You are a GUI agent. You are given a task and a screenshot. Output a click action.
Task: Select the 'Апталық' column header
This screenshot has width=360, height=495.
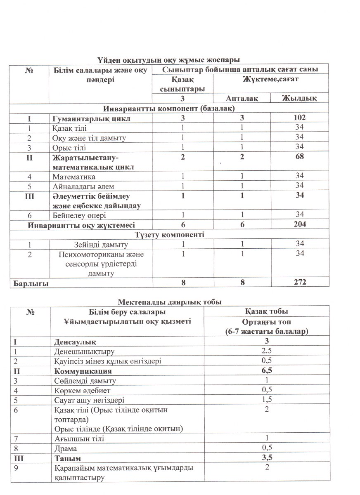(242, 98)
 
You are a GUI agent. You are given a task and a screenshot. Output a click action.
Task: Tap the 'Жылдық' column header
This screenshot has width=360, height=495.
(299, 98)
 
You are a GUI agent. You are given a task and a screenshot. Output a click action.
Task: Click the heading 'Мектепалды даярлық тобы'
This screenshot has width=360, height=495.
(170, 302)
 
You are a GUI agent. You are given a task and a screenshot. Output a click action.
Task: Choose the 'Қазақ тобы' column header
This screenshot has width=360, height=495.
(267, 311)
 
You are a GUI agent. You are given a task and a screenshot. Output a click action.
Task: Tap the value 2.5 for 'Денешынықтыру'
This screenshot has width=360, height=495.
(267, 351)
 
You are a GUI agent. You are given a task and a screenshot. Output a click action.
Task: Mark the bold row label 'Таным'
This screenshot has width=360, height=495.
(67, 458)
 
